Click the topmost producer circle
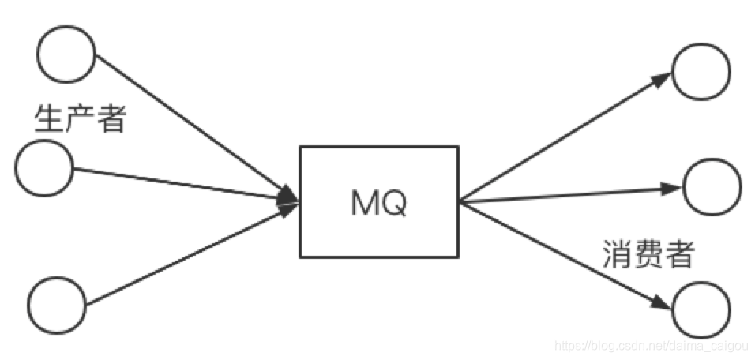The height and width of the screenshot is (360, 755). [x=66, y=54]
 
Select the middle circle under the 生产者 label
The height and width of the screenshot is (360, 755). [x=44, y=168]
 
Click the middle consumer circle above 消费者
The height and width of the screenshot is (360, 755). [x=712, y=187]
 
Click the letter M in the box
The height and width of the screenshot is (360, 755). [x=364, y=204]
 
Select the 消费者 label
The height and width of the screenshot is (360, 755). [x=648, y=255]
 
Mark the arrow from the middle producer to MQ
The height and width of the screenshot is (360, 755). [x=182, y=186]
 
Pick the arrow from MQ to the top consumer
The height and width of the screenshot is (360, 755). [x=565, y=137]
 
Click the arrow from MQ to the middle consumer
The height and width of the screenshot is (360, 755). [x=569, y=195]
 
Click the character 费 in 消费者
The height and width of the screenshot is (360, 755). [x=648, y=255]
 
